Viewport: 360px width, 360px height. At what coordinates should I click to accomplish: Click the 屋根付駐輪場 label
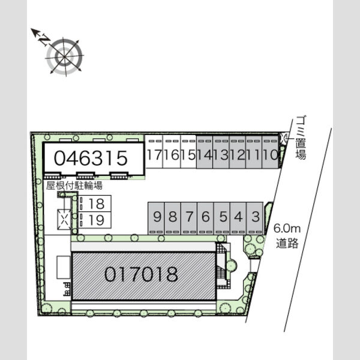[x=74, y=185]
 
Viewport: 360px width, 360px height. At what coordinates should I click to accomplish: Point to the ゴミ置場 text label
[x=301, y=138]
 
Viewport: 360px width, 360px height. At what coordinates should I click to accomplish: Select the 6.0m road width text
[x=287, y=229]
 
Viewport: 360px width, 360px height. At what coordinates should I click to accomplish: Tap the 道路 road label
[x=287, y=244]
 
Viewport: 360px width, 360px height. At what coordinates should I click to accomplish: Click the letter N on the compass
[x=44, y=40]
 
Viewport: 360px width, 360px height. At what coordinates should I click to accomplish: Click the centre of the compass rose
[x=64, y=56]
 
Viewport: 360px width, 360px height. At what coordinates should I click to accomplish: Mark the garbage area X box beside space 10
[x=284, y=139]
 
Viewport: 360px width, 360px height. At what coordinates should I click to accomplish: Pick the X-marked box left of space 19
[x=64, y=219]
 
